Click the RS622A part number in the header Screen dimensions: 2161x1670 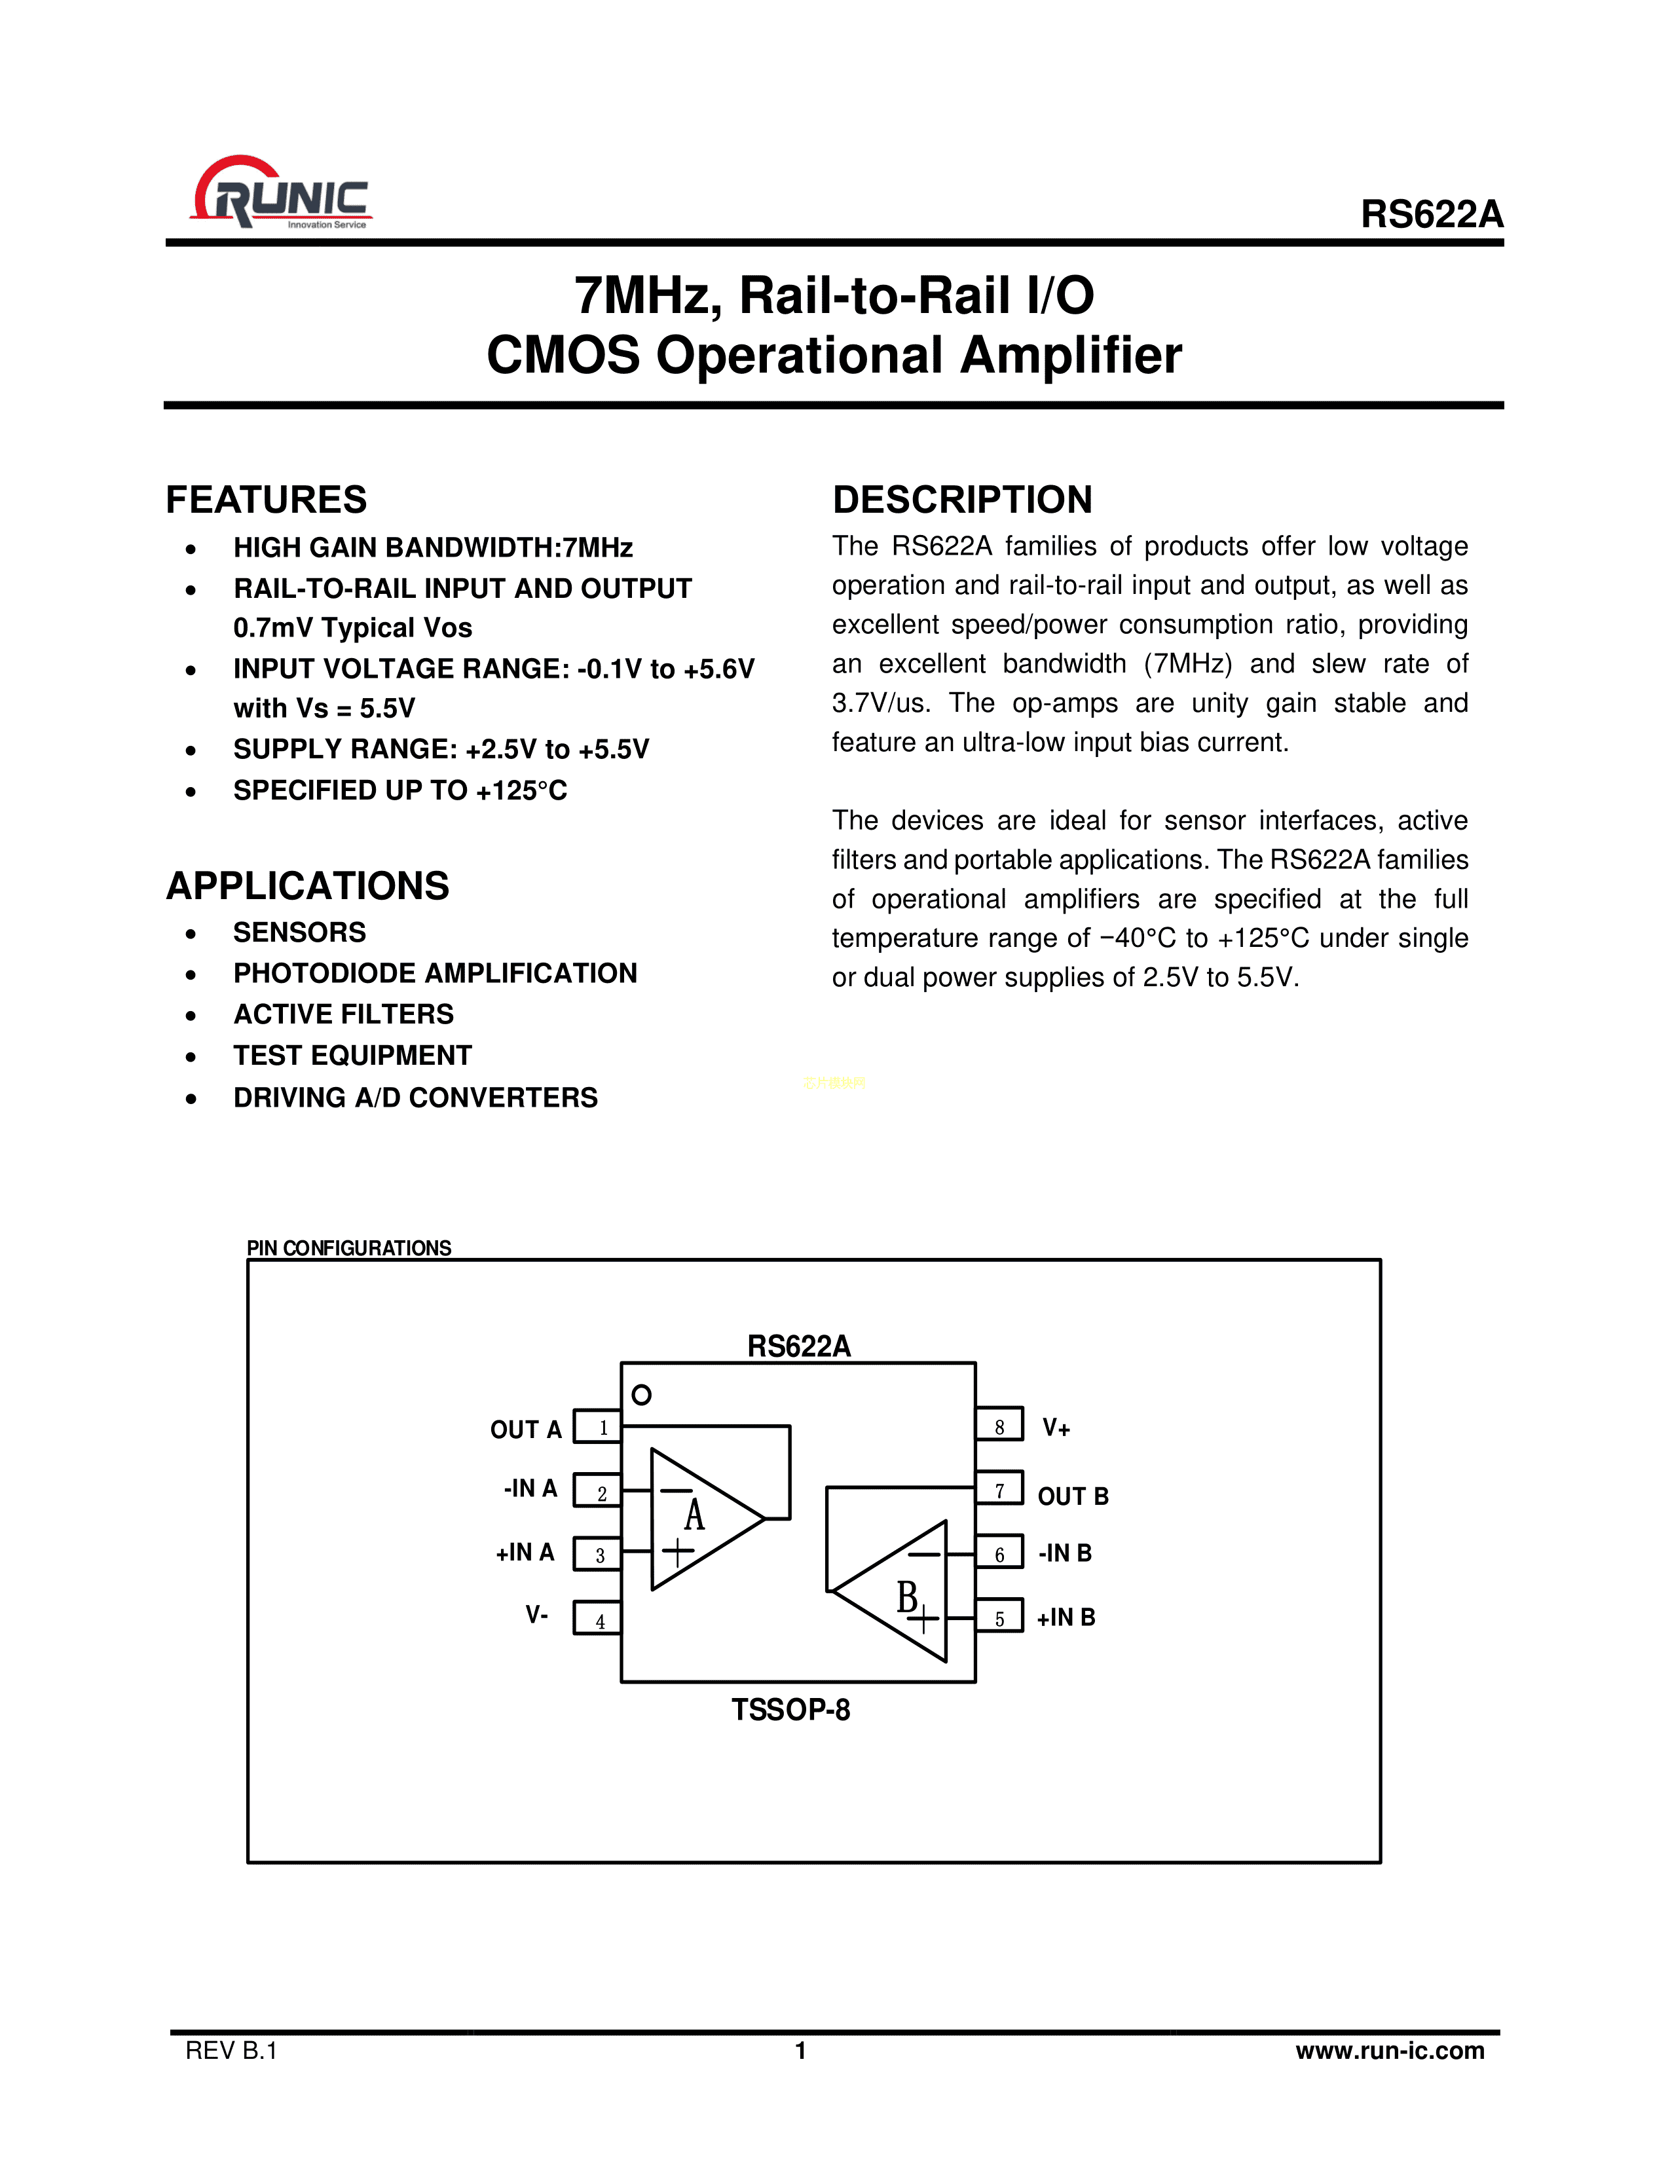click(x=1430, y=215)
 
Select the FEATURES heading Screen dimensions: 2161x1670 click(x=266, y=500)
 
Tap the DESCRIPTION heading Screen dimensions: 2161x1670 click(x=961, y=500)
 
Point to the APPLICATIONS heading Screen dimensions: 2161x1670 click(x=308, y=885)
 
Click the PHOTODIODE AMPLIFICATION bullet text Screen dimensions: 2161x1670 click(x=436, y=974)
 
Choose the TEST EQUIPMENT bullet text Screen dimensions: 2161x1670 click(x=352, y=1056)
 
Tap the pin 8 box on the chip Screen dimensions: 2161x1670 click(x=999, y=1426)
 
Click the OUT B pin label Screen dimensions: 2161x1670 click(x=1073, y=1496)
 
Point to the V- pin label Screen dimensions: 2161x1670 click(x=537, y=1615)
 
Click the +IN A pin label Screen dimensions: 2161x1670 click(x=525, y=1553)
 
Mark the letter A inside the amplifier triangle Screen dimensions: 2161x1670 click(x=694, y=1515)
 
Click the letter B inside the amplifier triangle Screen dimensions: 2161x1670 click(x=906, y=1596)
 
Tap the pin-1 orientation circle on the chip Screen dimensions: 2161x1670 click(x=641, y=1395)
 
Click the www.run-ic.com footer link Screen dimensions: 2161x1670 click(x=1389, y=2050)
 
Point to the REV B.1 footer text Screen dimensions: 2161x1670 click(x=231, y=2050)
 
